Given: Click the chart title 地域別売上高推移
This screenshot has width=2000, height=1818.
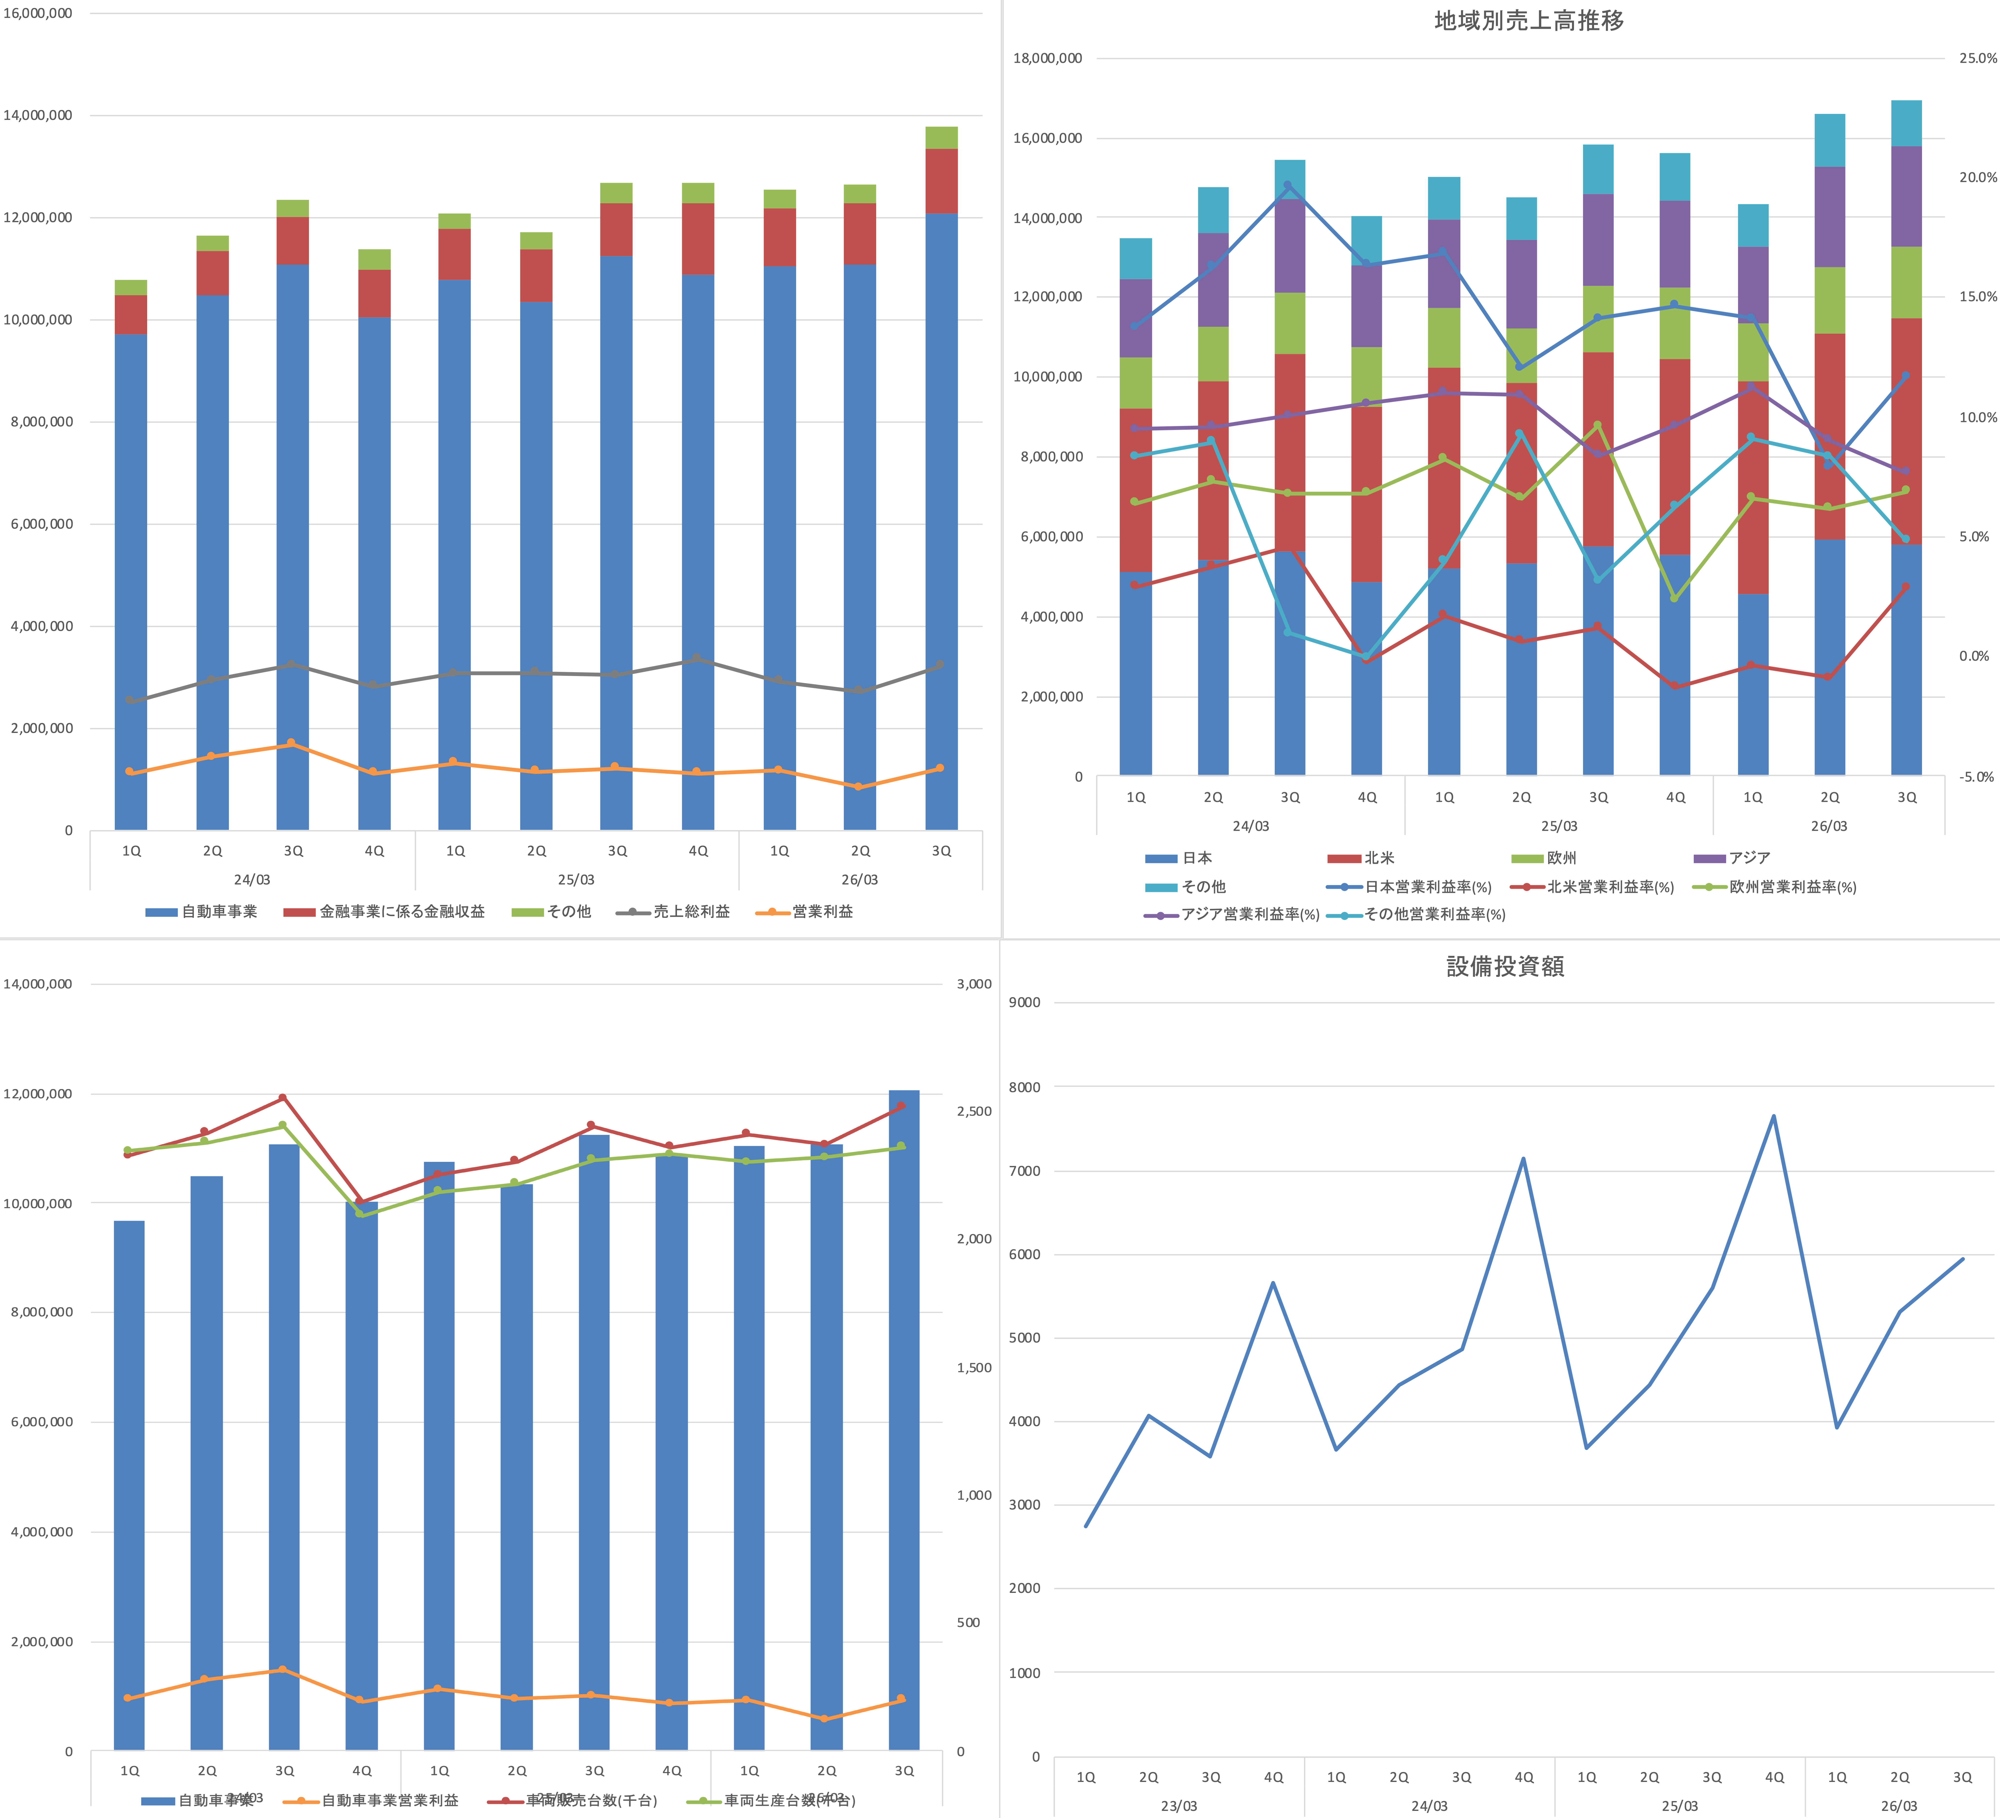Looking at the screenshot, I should pos(1529,21).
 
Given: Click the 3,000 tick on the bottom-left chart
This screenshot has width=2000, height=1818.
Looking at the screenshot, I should pos(973,984).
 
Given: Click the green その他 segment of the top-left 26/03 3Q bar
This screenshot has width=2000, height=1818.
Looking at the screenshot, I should pos(941,138).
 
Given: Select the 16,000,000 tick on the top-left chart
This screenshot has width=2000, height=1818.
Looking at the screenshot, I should pos(38,13).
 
